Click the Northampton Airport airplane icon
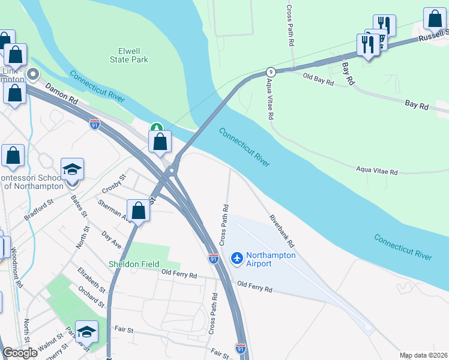[237, 257]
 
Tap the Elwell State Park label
[129, 56]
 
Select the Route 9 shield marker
[271, 71]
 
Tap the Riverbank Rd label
[282, 231]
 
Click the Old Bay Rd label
[318, 79]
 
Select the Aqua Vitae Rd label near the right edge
[377, 171]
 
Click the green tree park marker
[156, 128]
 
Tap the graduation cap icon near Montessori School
[72, 169]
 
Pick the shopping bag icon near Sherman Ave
[138, 211]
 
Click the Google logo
[20, 353]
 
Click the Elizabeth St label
[91, 280]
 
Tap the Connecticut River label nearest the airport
[403, 247]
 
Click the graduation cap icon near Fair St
[87, 331]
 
